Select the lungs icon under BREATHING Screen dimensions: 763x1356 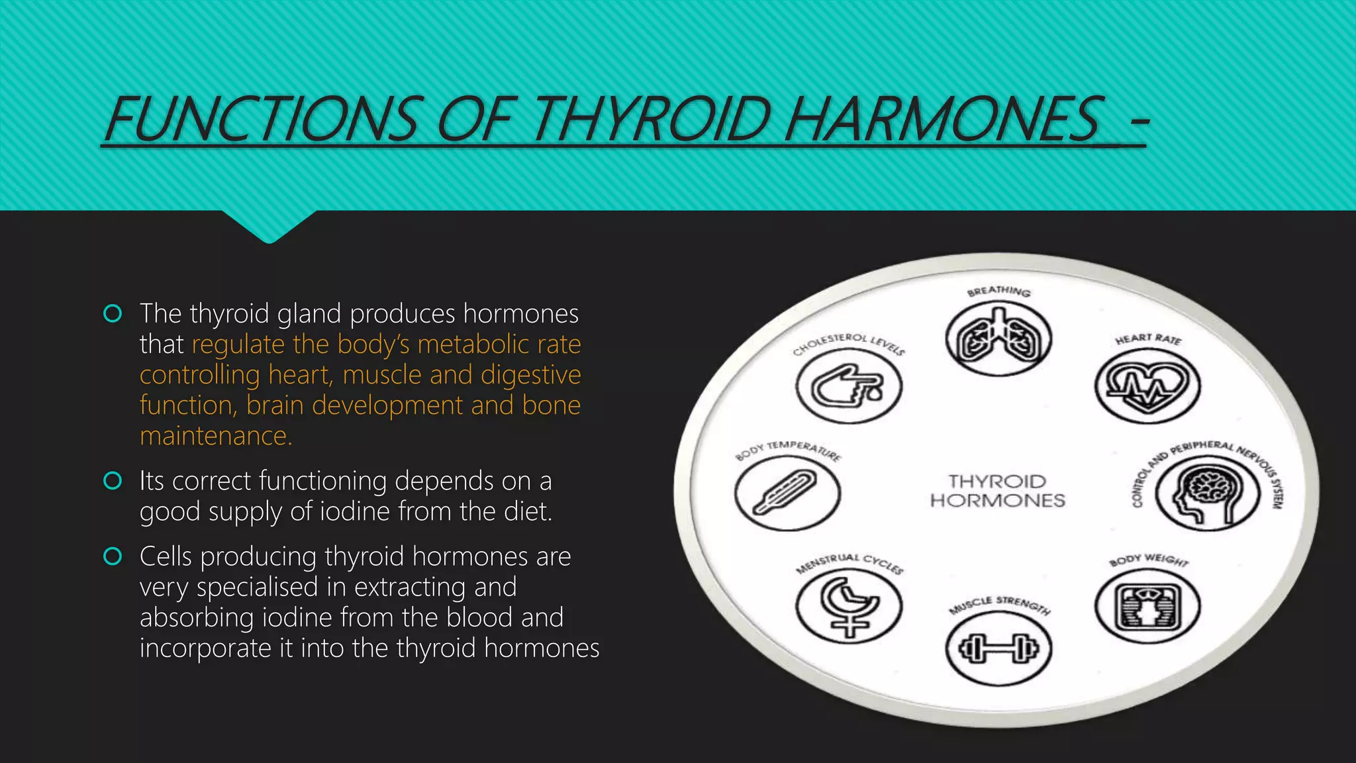tap(998, 339)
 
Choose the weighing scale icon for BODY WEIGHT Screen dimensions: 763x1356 tap(1147, 606)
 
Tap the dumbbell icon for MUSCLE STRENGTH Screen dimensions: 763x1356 tap(998, 648)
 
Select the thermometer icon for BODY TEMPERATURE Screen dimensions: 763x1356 tap(788, 493)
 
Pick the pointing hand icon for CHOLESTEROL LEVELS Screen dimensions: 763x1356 tap(849, 386)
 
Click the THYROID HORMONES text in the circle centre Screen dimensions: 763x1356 tap(998, 491)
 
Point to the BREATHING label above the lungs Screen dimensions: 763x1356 tap(998, 291)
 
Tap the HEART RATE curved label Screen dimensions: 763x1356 tap(1148, 339)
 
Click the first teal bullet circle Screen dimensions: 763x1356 tap(113, 313)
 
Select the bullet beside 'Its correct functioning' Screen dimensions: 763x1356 tap(113, 481)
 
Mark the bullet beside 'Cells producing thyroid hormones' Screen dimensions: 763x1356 tap(113, 556)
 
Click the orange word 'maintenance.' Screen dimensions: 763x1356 tap(216, 436)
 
